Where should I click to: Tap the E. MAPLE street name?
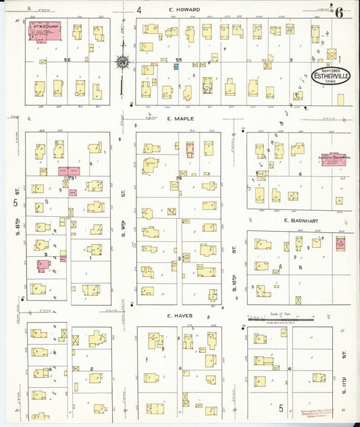pos(180,118)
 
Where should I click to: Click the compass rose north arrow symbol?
pos(122,63)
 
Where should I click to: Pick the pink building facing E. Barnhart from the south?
pos(340,242)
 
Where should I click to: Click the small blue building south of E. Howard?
pos(155,66)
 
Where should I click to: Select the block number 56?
pos(67,59)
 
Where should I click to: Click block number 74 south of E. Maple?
pos(179,178)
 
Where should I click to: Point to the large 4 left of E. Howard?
pos(138,10)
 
